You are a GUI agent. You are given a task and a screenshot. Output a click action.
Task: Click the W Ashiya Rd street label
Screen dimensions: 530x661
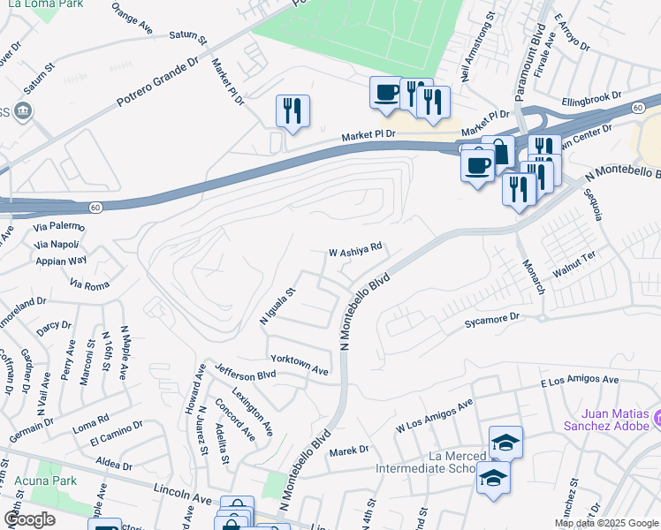point(355,251)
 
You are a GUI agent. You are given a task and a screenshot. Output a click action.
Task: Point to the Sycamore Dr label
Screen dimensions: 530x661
point(491,321)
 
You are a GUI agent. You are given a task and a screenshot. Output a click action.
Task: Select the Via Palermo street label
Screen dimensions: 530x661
point(59,226)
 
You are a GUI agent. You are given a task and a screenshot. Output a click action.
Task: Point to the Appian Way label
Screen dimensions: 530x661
point(61,261)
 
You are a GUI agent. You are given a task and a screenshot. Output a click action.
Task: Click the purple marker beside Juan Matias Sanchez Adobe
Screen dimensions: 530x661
point(657,415)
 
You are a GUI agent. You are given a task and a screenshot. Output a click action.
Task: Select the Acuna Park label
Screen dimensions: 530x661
point(44,481)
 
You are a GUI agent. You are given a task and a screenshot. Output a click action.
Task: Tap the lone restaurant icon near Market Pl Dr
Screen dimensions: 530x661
point(293,111)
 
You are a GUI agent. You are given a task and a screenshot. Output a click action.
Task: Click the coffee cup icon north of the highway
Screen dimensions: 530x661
point(386,93)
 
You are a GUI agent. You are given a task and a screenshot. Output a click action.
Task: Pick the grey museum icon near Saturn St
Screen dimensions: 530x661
point(23,112)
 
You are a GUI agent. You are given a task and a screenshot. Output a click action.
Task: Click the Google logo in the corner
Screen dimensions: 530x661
point(30,519)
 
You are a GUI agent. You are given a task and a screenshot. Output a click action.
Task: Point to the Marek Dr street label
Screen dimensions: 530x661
point(348,450)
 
